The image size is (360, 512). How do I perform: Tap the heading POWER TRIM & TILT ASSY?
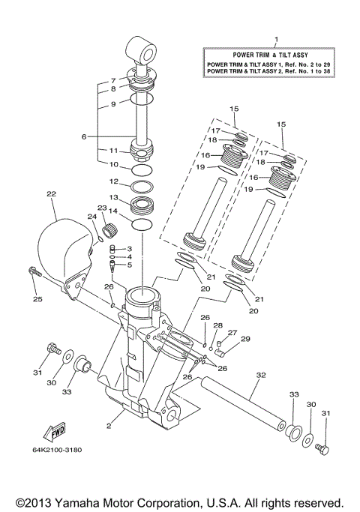(x=275, y=55)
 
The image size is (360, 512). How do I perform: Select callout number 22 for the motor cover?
(x=51, y=194)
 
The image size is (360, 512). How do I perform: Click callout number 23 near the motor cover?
(x=102, y=208)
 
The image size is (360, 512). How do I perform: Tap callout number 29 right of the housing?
(x=244, y=340)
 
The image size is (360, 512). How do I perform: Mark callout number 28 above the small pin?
(x=218, y=326)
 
